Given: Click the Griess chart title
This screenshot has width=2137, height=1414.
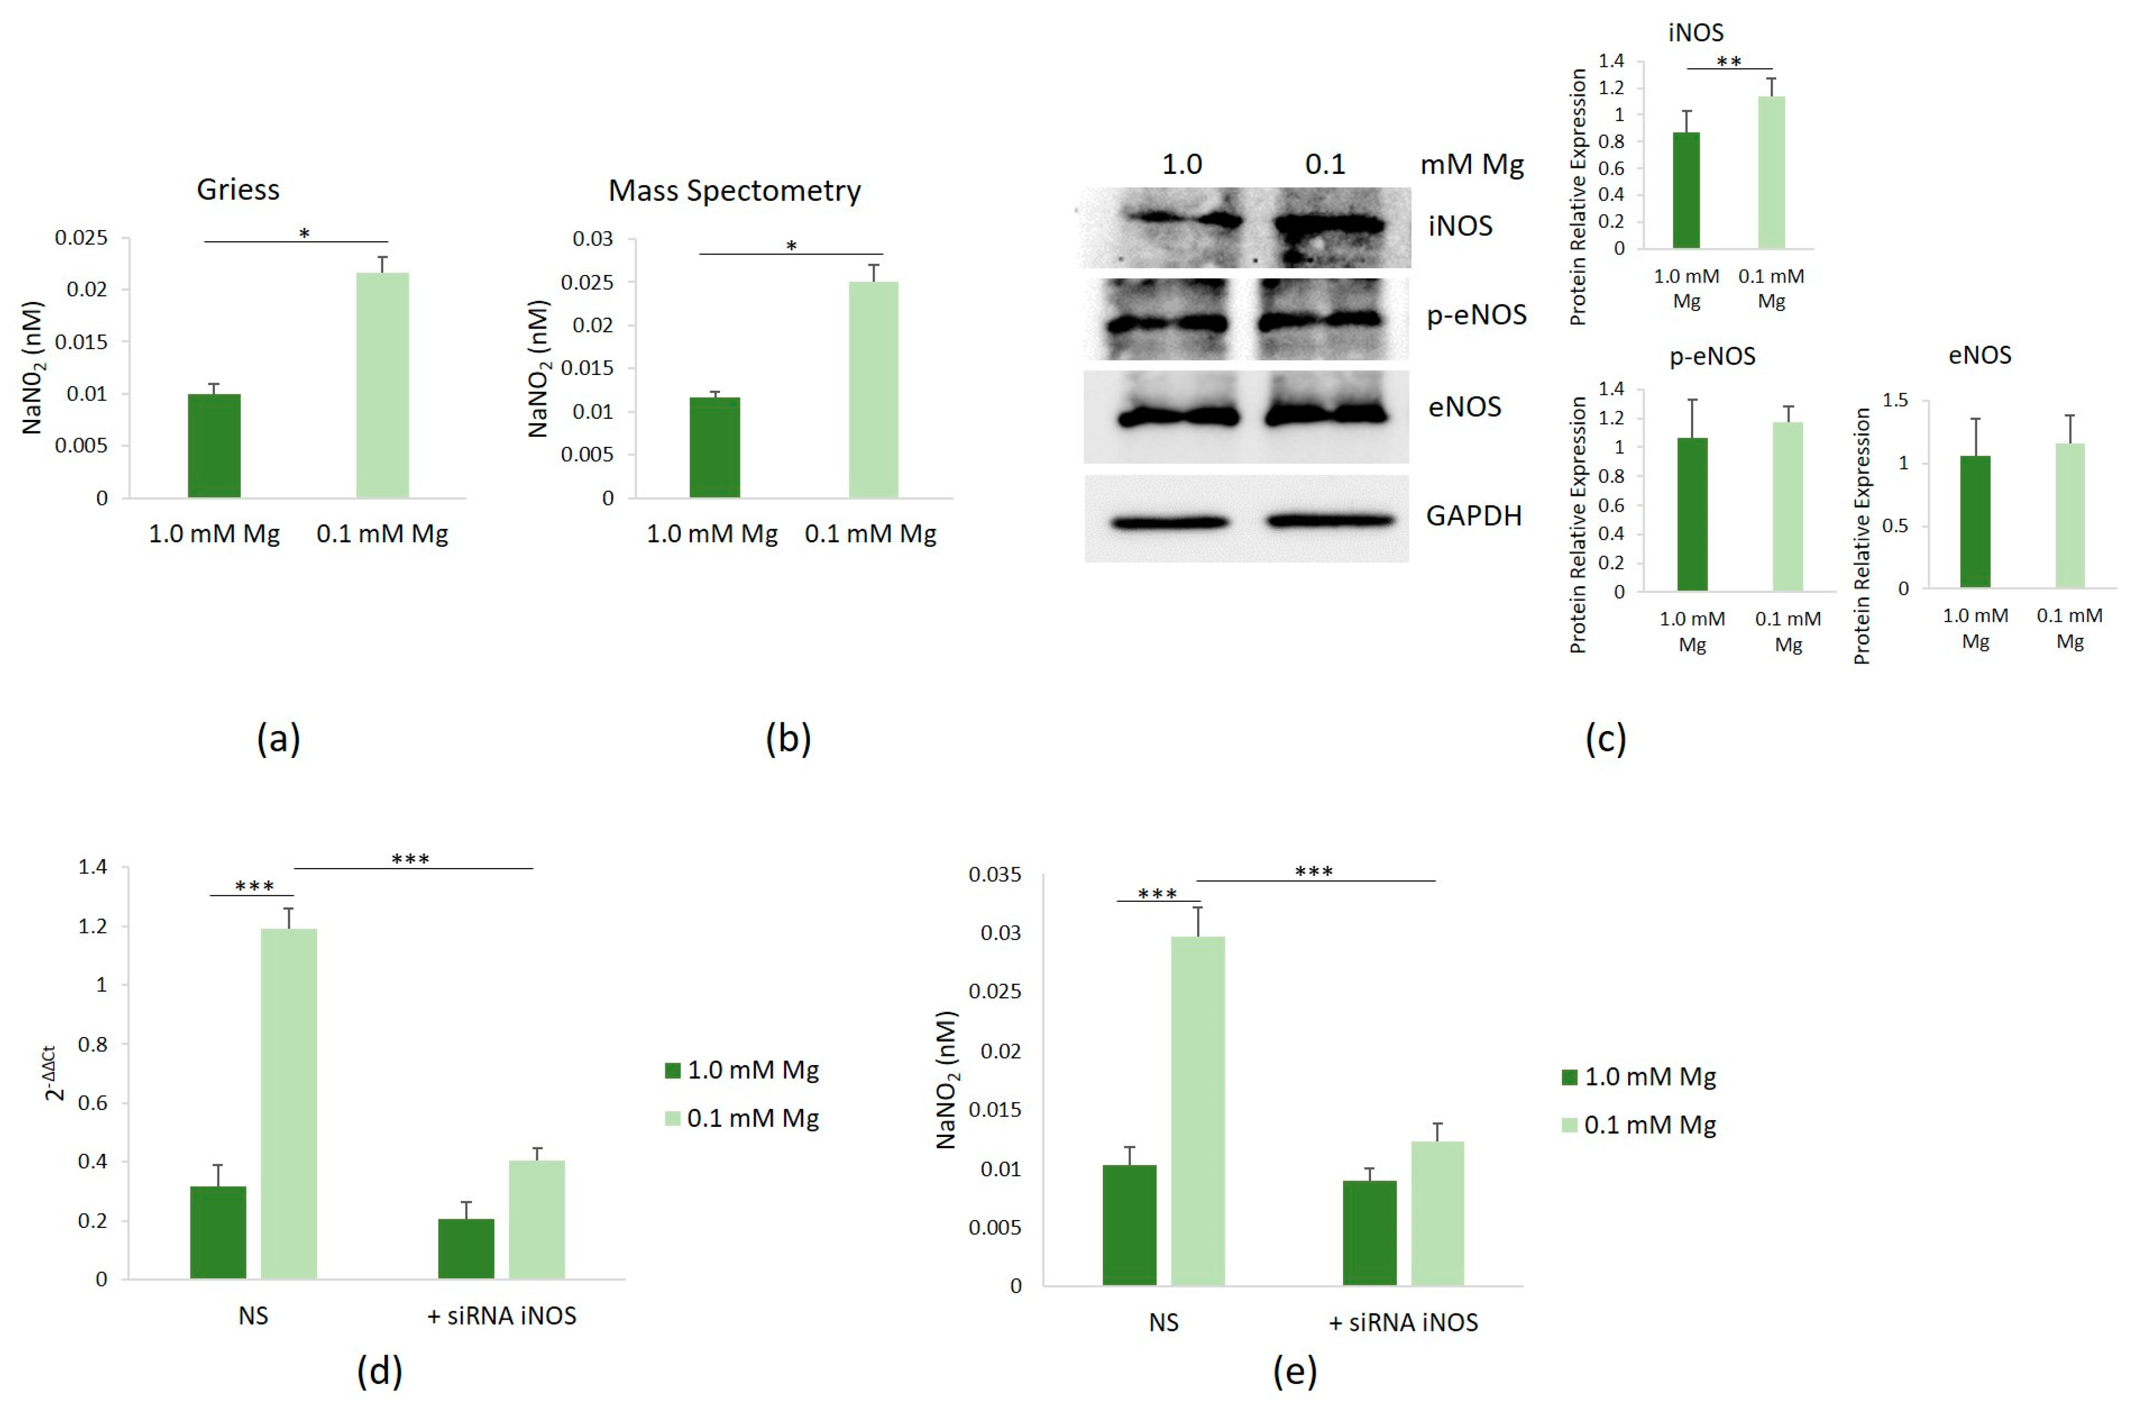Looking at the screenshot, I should (x=238, y=189).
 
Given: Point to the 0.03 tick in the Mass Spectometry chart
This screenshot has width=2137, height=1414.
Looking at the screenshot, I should (x=592, y=239).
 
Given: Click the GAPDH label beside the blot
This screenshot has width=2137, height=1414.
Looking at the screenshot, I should (x=1473, y=516).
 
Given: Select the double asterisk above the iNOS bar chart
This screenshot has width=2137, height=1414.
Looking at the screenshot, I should (x=1728, y=61).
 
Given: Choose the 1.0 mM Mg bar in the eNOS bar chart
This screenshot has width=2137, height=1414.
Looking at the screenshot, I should (x=1976, y=522).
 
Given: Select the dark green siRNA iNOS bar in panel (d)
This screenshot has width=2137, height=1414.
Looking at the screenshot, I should (x=466, y=1249).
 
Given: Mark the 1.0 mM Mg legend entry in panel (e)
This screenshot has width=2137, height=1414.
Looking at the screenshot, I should (x=1639, y=1077).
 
